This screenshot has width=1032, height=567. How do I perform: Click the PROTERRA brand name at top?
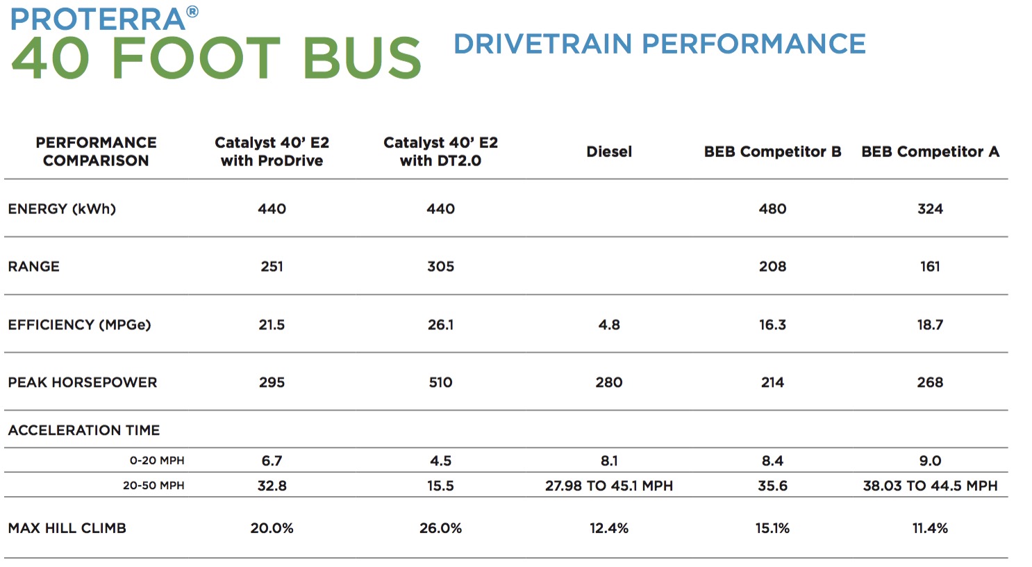click(x=97, y=19)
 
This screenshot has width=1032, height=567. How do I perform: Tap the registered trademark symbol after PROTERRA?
click(x=192, y=12)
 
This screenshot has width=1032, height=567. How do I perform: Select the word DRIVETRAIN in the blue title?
click(x=542, y=44)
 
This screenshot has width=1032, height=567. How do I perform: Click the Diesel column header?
click(x=609, y=151)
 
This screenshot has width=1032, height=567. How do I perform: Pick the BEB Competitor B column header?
click(x=772, y=151)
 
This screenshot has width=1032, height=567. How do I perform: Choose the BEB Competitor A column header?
click(x=930, y=151)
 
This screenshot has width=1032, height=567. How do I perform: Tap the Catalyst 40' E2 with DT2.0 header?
click(x=440, y=151)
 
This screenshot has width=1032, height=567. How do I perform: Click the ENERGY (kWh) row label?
click(x=62, y=209)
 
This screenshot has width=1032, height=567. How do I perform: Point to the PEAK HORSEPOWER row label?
click(x=83, y=382)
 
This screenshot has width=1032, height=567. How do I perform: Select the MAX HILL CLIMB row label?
click(x=67, y=528)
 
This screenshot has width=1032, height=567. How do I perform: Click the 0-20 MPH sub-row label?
click(x=157, y=461)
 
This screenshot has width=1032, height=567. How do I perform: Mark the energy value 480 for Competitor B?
click(x=772, y=209)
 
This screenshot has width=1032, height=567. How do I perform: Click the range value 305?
click(x=440, y=267)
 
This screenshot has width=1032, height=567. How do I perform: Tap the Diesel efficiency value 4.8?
click(x=609, y=324)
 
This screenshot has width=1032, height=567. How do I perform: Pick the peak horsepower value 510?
click(x=440, y=382)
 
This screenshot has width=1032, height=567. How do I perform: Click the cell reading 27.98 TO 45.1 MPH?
click(x=609, y=486)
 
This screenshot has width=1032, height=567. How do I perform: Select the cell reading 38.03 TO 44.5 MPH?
click(x=930, y=486)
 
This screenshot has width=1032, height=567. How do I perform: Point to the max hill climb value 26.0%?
click(x=440, y=528)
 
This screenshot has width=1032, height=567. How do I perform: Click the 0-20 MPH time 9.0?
click(x=930, y=461)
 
